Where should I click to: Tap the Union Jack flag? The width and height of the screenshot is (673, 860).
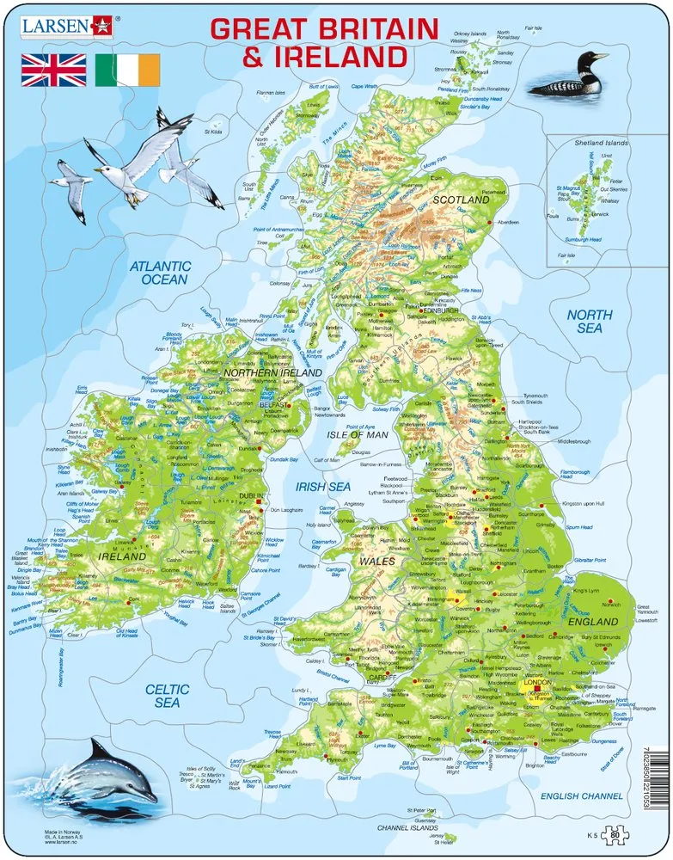tap(54, 70)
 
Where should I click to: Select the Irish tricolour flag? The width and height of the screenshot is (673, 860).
tap(127, 70)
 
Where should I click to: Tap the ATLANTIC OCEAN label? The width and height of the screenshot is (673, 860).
tap(159, 273)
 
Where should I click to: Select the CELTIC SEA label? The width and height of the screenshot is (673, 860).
tap(167, 695)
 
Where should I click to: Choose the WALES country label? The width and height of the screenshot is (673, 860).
tap(376, 561)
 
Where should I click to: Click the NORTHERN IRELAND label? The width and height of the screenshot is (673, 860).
tap(272, 373)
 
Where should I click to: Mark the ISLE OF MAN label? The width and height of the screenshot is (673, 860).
tap(357, 435)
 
